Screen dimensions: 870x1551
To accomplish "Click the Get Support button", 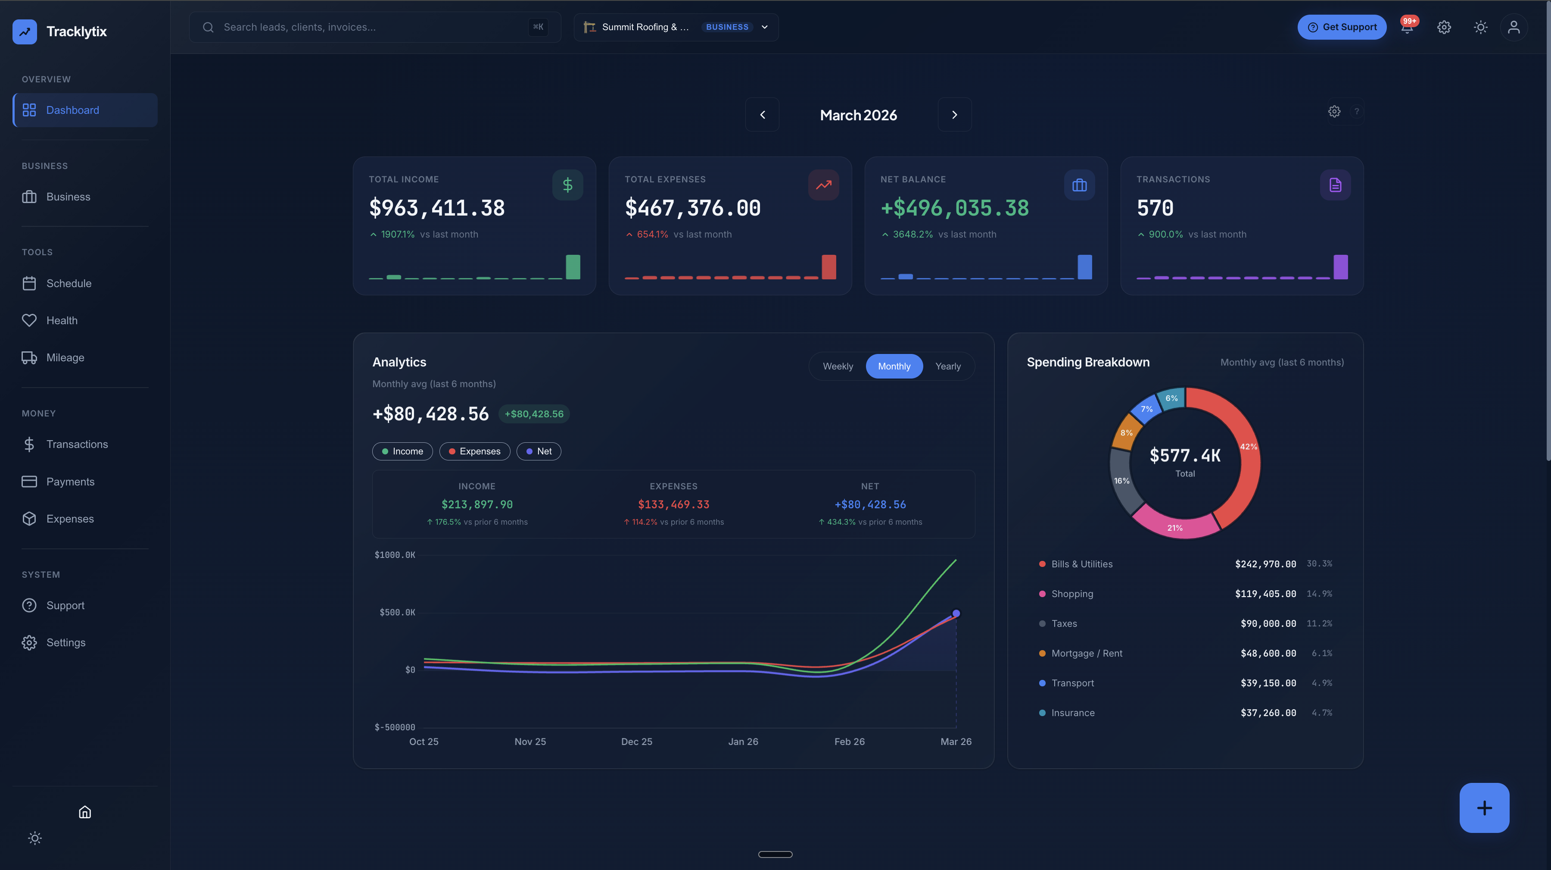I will click(x=1342, y=27).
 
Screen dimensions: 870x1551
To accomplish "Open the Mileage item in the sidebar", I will click(x=65, y=358).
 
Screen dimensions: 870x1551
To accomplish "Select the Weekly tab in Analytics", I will click(x=838, y=366).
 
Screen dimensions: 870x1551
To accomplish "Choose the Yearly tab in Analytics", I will click(x=948, y=366).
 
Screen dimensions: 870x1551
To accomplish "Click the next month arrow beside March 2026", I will click(x=954, y=115).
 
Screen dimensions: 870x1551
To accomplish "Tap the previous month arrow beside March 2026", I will click(x=762, y=115).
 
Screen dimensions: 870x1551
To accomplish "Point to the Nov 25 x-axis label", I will click(x=530, y=742).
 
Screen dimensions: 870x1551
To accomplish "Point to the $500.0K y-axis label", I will click(x=397, y=613).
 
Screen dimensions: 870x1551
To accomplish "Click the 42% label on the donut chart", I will click(x=1248, y=447).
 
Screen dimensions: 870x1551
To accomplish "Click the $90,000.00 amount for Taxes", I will click(x=1268, y=623).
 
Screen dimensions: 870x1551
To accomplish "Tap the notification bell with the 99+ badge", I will click(x=1407, y=28).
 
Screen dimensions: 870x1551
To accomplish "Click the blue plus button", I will click(x=1483, y=807).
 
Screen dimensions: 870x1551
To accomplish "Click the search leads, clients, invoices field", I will click(x=373, y=27).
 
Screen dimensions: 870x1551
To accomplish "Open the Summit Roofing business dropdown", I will click(x=676, y=27).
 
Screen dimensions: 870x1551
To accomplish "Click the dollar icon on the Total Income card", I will click(x=567, y=185).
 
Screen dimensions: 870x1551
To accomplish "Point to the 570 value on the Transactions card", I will click(x=1155, y=208).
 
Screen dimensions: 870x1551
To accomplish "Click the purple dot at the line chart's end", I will click(x=956, y=613).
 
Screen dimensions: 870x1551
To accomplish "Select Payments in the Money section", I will click(x=70, y=482).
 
